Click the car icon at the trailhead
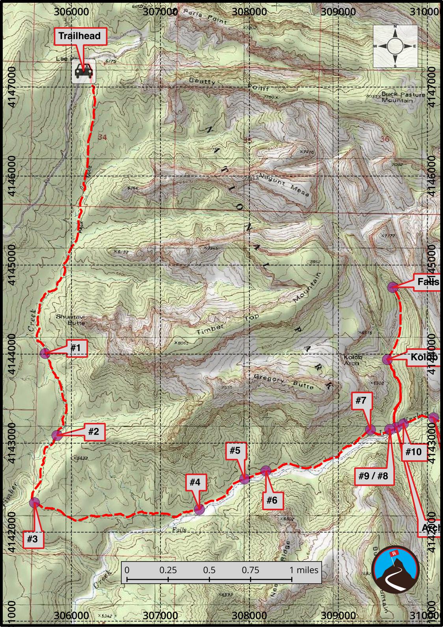(84, 72)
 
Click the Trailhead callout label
(80, 36)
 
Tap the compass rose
(395, 46)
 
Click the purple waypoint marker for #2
(57, 435)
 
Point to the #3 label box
(32, 539)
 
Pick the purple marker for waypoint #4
(199, 509)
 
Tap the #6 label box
(272, 500)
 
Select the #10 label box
(413, 452)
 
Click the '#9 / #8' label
(373, 476)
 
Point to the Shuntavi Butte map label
(71, 319)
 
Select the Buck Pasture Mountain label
(403, 97)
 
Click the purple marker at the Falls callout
(393, 287)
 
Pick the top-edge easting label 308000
(249, 11)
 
